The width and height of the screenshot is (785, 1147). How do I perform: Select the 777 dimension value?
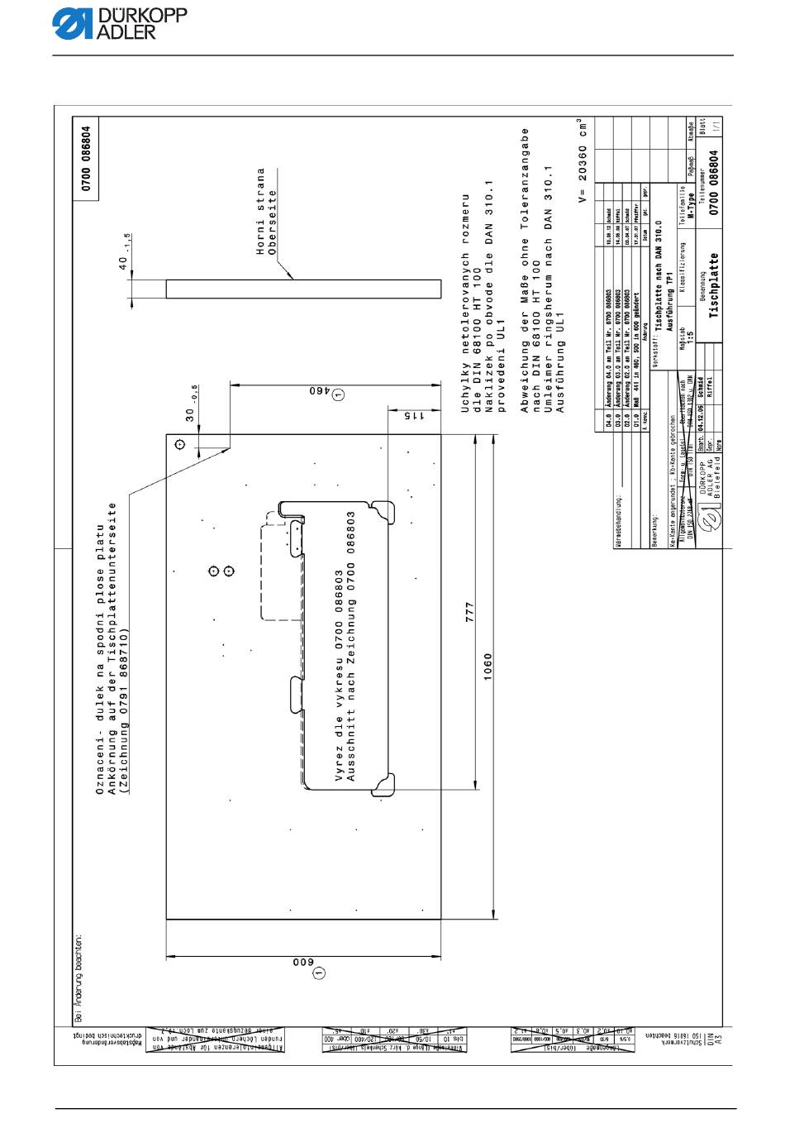(469, 612)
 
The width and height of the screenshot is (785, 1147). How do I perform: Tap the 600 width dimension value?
(301, 962)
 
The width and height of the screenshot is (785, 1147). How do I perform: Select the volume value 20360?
(582, 165)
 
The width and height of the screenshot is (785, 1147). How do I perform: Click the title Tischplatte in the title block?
(713, 286)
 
